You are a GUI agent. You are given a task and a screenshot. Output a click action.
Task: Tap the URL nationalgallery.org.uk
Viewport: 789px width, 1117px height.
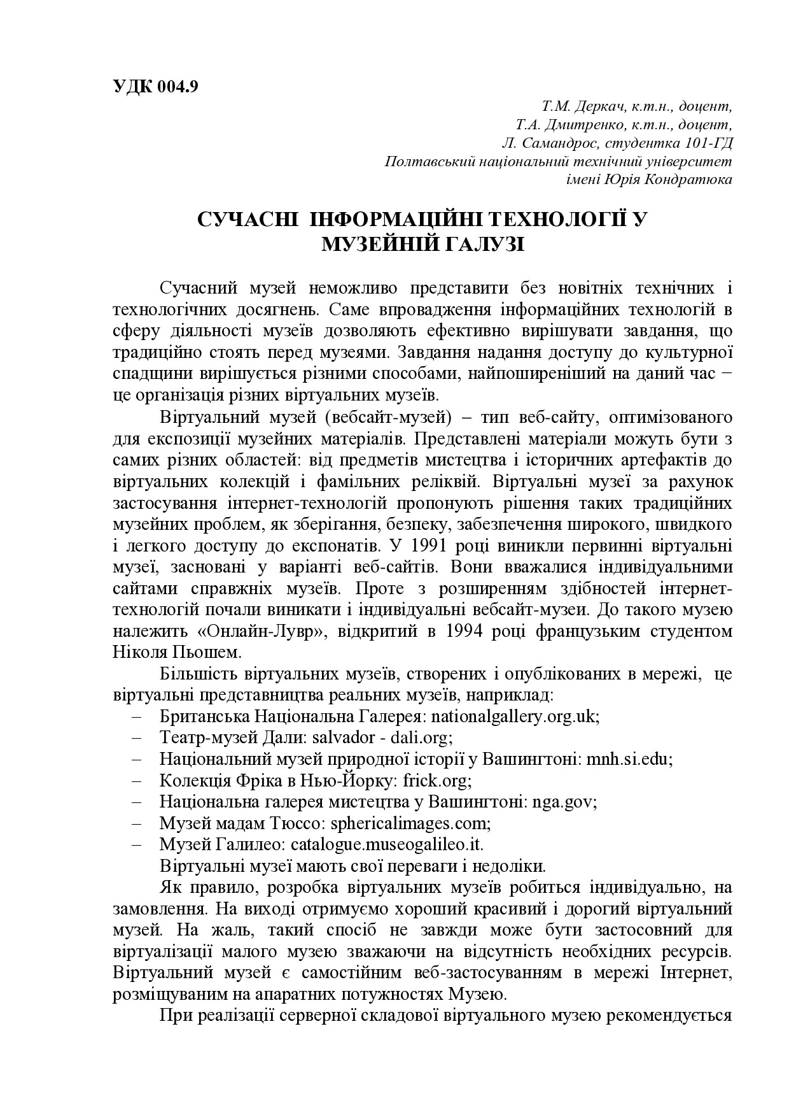(x=506, y=716)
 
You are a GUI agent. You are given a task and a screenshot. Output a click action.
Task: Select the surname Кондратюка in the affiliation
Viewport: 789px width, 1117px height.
(x=688, y=179)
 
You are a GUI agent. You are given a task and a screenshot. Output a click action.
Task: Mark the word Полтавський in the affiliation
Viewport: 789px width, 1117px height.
(x=426, y=160)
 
